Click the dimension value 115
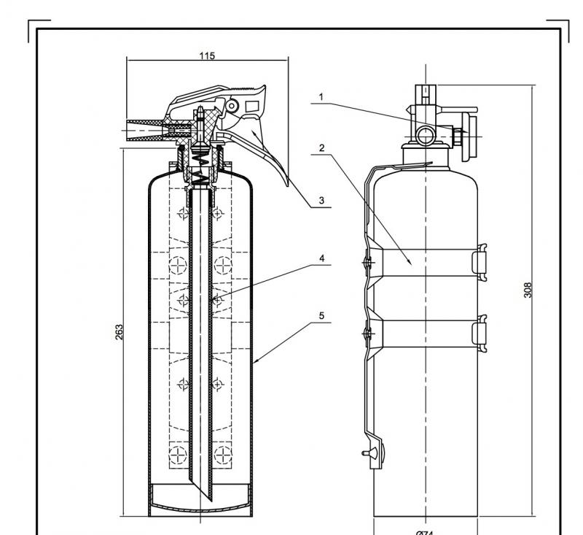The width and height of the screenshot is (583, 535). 207,55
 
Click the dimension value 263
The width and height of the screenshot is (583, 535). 120,331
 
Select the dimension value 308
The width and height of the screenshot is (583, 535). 528,289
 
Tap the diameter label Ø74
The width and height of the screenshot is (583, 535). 424,532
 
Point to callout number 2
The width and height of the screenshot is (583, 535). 321,148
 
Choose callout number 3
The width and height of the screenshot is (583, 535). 321,200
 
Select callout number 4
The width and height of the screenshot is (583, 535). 321,258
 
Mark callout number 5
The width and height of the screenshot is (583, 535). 321,316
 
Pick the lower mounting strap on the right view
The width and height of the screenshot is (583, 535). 423,333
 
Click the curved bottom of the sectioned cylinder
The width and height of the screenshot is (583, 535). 201,504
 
